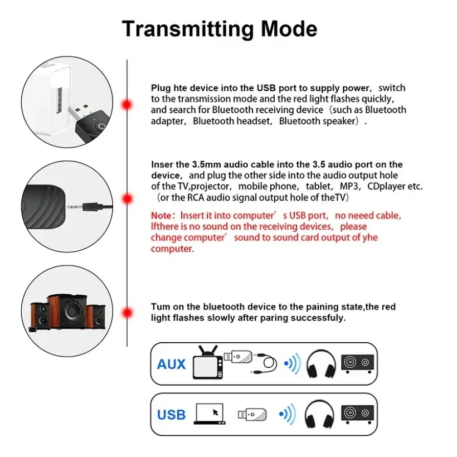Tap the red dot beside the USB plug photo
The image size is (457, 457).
pyautogui.click(x=127, y=104)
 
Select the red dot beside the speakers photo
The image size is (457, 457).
pyautogui.click(x=127, y=313)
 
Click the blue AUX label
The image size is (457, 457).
pyautogui.click(x=171, y=364)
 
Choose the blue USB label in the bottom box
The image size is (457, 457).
pyautogui.click(x=171, y=415)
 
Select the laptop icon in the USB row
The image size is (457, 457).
pyautogui.click(x=209, y=414)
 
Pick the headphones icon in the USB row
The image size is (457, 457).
pyautogui.click(x=321, y=414)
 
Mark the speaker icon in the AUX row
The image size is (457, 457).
pyautogui.click(x=357, y=363)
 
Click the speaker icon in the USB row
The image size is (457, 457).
pyautogui.click(x=357, y=414)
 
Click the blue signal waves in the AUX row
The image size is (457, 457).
pyautogui.click(x=292, y=364)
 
